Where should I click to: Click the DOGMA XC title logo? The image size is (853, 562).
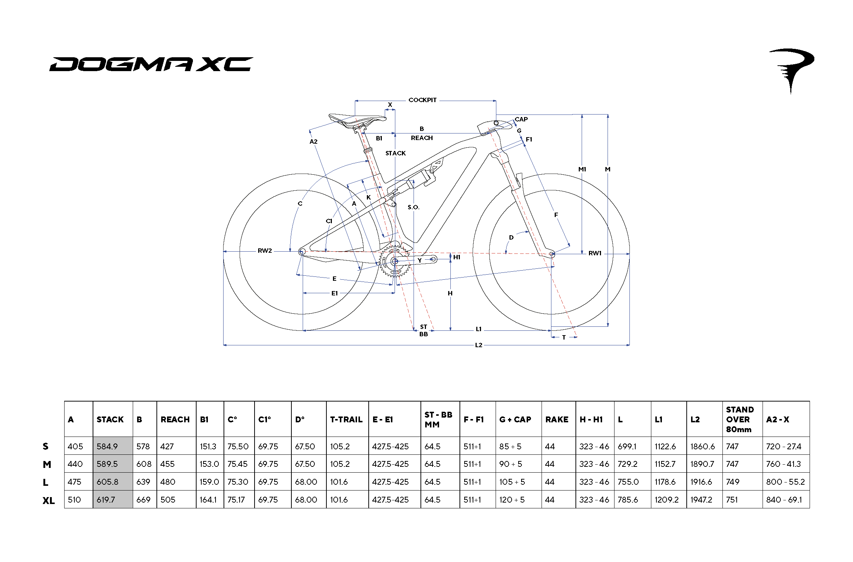click(x=151, y=64)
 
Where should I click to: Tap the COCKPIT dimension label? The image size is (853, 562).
click(x=422, y=100)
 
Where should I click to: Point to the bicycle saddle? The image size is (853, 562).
click(x=357, y=120)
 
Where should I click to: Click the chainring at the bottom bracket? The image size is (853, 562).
click(x=395, y=261)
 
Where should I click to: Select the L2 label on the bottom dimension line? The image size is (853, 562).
click(x=478, y=345)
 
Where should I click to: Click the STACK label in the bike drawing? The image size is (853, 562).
click(x=396, y=153)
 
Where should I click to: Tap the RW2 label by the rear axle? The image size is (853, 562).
click(x=265, y=251)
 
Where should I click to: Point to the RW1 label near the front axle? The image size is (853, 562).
click(x=595, y=253)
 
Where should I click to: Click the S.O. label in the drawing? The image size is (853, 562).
click(x=414, y=207)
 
